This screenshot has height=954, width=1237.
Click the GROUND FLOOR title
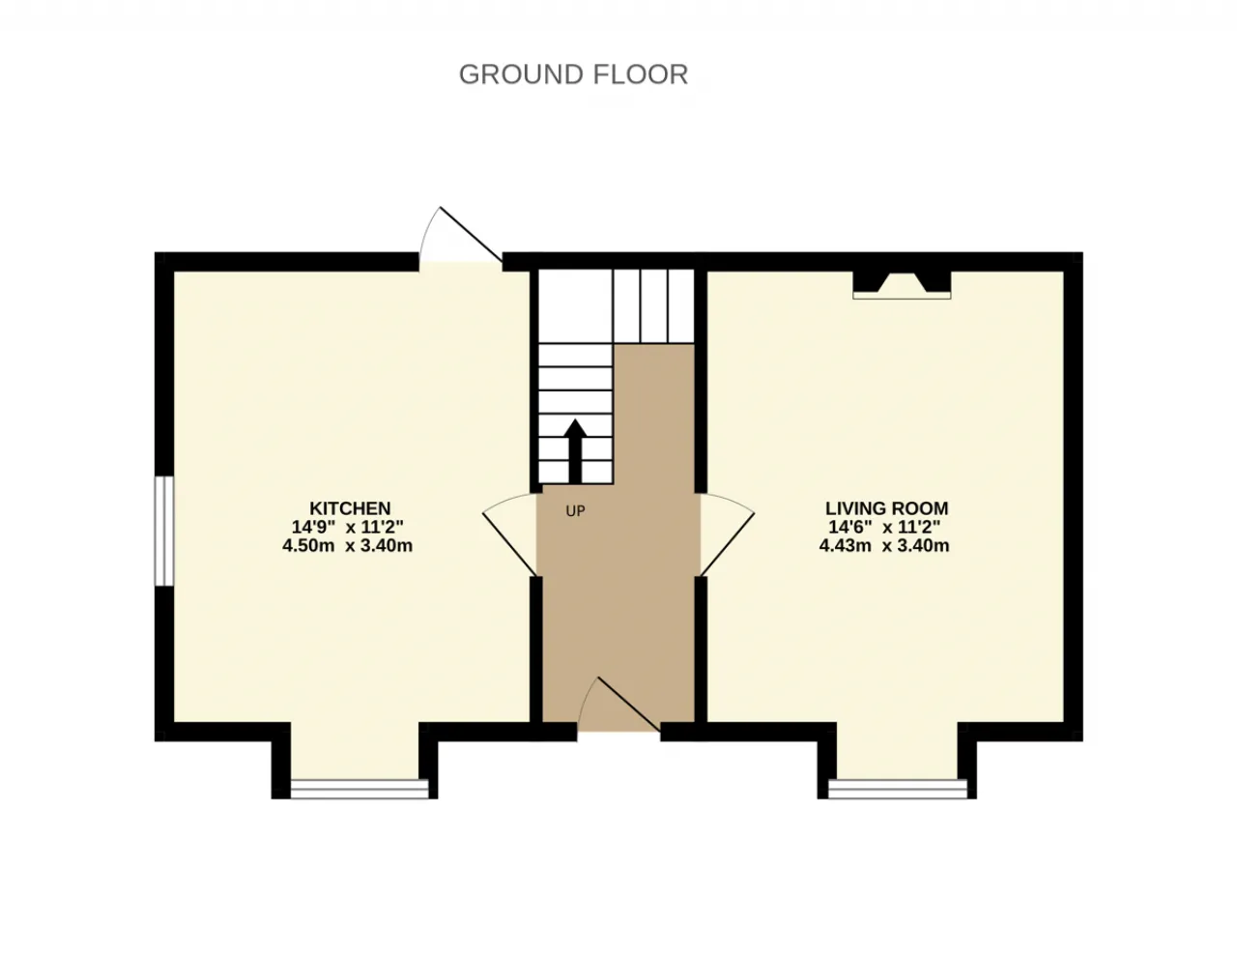(x=573, y=74)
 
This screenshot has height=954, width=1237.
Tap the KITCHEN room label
(x=350, y=507)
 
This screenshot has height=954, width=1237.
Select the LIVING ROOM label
(x=887, y=507)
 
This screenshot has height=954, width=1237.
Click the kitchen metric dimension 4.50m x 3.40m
(x=347, y=545)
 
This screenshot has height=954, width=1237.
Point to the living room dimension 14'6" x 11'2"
(x=884, y=527)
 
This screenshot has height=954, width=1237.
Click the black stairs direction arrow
(x=576, y=450)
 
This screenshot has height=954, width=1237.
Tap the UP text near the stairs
(x=575, y=511)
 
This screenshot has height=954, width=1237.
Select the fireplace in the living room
(x=902, y=284)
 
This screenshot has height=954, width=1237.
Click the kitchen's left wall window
(x=164, y=531)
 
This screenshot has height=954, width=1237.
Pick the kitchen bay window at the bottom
(x=360, y=789)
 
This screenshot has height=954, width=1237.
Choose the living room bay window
(x=897, y=789)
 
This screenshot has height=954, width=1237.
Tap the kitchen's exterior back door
(x=461, y=235)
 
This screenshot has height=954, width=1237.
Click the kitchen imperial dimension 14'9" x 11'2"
(x=347, y=527)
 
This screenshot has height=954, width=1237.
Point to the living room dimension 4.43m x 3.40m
(x=884, y=545)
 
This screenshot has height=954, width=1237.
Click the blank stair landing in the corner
(x=576, y=306)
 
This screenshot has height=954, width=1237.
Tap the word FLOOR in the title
(x=641, y=74)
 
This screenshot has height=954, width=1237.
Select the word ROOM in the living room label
(x=923, y=507)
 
